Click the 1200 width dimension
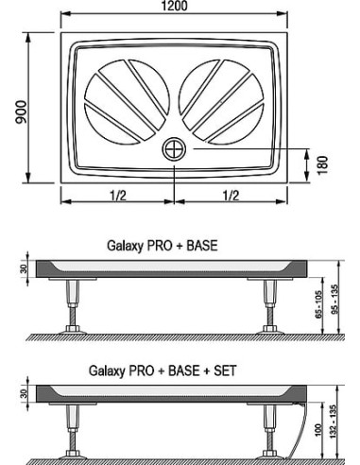[x=174, y=6]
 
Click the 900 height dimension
[x=22, y=112]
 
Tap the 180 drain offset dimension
[x=322, y=165]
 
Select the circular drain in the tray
[x=174, y=149]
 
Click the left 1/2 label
[x=118, y=196]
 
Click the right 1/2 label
[x=231, y=196]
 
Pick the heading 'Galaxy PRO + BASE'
[x=163, y=246]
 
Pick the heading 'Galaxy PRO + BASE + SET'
[x=163, y=370]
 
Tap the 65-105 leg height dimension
[x=318, y=304]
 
